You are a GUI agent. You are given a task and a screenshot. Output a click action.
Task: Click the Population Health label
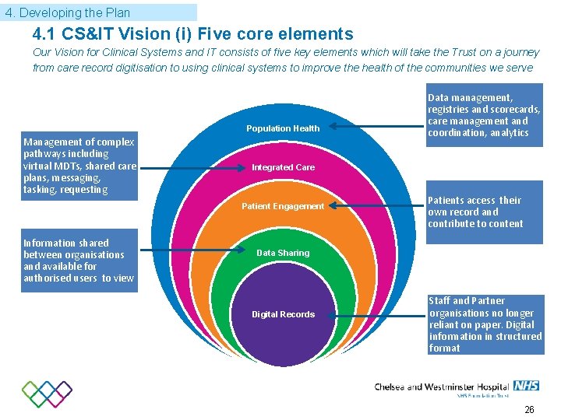coord(283,128)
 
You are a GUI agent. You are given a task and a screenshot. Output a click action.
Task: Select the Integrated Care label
coord(283,167)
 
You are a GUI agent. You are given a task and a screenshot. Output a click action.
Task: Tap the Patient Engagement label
coord(283,206)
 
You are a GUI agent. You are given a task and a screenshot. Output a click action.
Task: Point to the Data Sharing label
coord(283,253)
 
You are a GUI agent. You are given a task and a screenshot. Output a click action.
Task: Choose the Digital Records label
coord(283,314)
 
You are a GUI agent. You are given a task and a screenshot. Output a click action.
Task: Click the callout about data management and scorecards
coord(484,116)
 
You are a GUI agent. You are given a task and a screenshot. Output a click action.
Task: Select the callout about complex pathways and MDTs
coord(79,166)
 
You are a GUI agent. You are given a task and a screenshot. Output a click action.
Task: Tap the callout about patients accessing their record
coord(484,212)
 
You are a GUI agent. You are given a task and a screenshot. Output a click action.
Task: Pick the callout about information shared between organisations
coord(79,261)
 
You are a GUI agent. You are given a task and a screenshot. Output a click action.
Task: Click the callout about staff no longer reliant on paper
coord(485,324)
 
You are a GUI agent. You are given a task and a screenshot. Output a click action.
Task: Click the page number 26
coord(529,409)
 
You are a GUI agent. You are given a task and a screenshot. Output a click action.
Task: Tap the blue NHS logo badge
coord(527,386)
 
